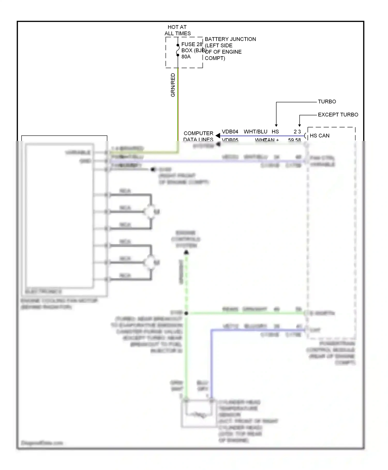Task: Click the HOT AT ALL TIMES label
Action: pyautogui.click(x=177, y=30)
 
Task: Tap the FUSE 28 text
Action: pyautogui.click(x=192, y=44)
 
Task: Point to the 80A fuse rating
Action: pyautogui.click(x=186, y=56)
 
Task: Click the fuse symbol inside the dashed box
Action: pyautogui.click(x=178, y=50)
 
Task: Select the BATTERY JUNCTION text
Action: pyautogui.click(x=230, y=39)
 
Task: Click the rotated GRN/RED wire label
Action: pyautogui.click(x=173, y=85)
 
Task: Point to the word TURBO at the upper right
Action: pyautogui.click(x=327, y=102)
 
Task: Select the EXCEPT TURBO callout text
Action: pyautogui.click(x=338, y=115)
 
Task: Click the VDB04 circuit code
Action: pyautogui.click(x=230, y=132)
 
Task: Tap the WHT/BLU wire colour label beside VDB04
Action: pyautogui.click(x=255, y=132)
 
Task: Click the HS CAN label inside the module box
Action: pyautogui.click(x=319, y=136)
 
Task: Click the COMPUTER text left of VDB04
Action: pyautogui.click(x=198, y=133)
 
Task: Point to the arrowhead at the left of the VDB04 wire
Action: pyautogui.click(x=218, y=136)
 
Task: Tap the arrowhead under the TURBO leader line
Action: pyautogui.click(x=276, y=125)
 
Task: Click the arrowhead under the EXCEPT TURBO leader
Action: pyautogui.click(x=300, y=125)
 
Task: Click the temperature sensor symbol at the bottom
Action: pyautogui.click(x=199, y=415)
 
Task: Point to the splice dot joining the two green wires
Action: pyautogui.click(x=186, y=313)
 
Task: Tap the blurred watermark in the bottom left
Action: pyautogui.click(x=42, y=443)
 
